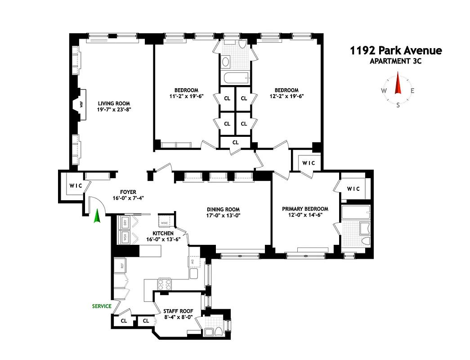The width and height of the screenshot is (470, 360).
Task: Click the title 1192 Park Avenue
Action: click(x=396, y=50)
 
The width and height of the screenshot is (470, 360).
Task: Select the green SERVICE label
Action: click(x=102, y=306)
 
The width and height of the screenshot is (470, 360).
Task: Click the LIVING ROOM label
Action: click(x=114, y=103)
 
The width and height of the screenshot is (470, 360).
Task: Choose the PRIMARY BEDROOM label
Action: click(x=305, y=209)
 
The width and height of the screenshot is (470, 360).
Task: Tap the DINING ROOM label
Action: click(x=223, y=209)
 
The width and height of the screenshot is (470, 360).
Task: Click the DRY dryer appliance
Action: click(x=125, y=222)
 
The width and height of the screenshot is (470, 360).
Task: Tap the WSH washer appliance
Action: click(x=125, y=237)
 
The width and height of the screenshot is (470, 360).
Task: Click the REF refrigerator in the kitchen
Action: click(x=121, y=265)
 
